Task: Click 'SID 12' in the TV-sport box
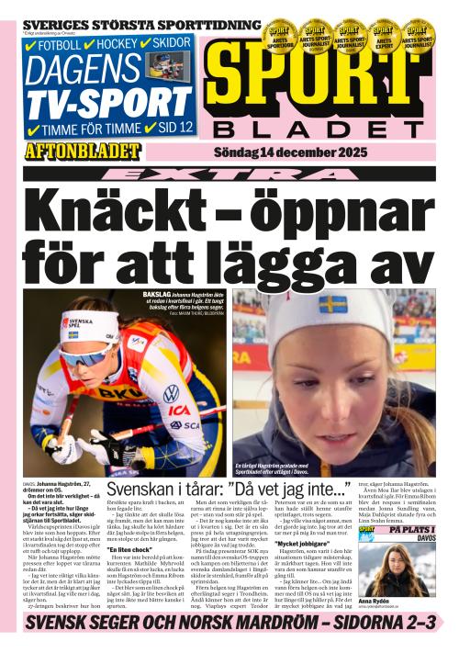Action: pos(175,127)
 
